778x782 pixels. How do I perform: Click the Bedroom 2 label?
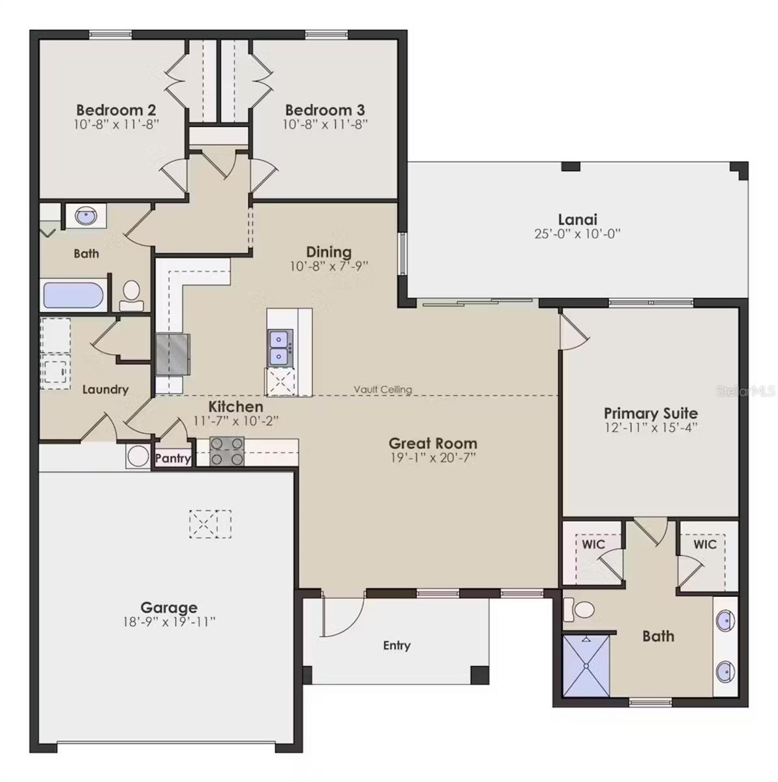pyautogui.click(x=116, y=109)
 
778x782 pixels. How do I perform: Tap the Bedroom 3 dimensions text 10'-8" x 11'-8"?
pyautogui.click(x=325, y=124)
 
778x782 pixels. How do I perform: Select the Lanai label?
pyautogui.click(x=577, y=220)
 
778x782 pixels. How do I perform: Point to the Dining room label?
pyautogui.click(x=329, y=252)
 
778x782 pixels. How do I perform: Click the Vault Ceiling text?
pyautogui.click(x=383, y=390)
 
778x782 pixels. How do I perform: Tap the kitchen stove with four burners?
pyautogui.click(x=227, y=452)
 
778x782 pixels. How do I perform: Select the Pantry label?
pyautogui.click(x=173, y=459)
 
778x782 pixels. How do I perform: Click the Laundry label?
pyautogui.click(x=105, y=390)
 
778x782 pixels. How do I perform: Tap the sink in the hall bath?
pyautogui.click(x=86, y=216)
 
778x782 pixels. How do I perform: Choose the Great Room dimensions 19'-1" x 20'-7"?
pyautogui.click(x=433, y=458)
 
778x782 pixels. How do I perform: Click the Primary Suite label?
pyautogui.click(x=650, y=413)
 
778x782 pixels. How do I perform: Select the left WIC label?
pyautogui.click(x=593, y=544)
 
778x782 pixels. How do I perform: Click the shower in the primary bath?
pyautogui.click(x=586, y=665)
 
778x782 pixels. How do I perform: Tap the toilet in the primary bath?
pyautogui.click(x=580, y=609)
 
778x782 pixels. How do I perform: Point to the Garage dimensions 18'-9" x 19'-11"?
pyautogui.click(x=169, y=622)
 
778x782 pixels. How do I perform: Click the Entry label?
pyautogui.click(x=396, y=645)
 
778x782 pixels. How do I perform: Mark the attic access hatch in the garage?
pyautogui.click(x=210, y=525)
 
